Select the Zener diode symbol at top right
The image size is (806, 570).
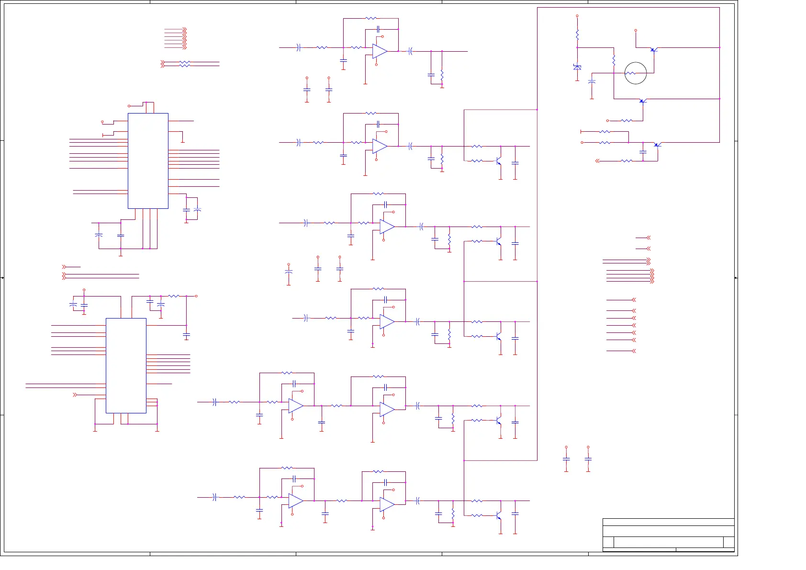click(577, 67)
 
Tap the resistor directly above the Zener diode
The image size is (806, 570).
click(577, 34)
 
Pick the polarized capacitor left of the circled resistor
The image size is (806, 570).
click(592, 81)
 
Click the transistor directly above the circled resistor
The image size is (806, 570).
click(653, 49)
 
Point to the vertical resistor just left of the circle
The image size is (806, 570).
click(614, 60)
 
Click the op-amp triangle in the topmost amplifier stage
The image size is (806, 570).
click(380, 51)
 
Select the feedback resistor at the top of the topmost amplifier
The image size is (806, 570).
click(371, 18)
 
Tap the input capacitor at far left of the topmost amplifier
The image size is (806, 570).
click(299, 47)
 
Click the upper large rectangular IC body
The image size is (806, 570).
click(148, 160)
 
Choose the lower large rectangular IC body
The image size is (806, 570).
click(126, 365)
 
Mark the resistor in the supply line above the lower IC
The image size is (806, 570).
click(173, 296)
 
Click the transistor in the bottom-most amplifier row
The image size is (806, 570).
click(499, 516)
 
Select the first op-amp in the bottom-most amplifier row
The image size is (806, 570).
click(295, 501)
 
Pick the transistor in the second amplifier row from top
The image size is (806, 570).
click(499, 161)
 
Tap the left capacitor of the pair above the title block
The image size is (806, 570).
click(566, 459)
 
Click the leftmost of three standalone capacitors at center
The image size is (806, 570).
click(289, 272)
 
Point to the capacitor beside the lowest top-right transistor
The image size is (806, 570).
click(643, 151)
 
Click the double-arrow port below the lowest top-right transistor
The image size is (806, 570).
click(597, 161)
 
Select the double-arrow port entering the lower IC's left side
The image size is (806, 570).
click(75, 395)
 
